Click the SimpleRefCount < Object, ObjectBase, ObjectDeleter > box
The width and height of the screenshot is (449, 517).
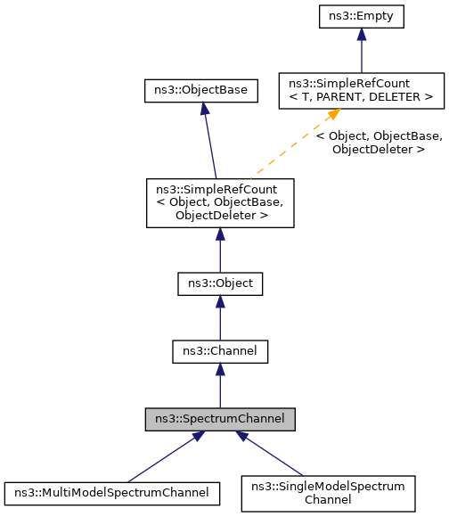click(220, 202)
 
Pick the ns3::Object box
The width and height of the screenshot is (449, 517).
click(220, 283)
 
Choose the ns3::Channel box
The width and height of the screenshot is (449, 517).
click(220, 351)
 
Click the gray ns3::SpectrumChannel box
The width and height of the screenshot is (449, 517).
click(220, 418)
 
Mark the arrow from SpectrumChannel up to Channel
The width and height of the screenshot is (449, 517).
click(220, 389)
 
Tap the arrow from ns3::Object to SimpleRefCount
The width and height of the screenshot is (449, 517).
click(220, 254)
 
